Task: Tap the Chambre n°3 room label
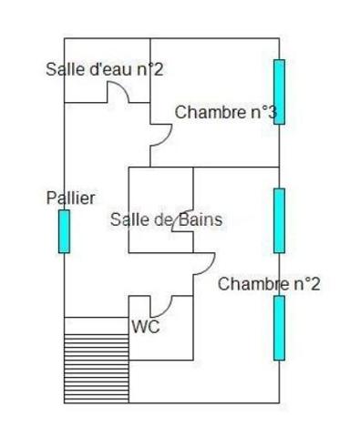tap(225, 113)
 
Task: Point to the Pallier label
tap(70, 198)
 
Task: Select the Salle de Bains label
tap(166, 219)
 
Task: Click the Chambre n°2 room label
tap(269, 284)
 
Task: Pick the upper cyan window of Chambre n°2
tap(279, 220)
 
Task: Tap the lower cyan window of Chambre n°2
tap(279, 327)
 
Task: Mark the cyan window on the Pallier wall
tap(64, 231)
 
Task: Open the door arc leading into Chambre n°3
tap(162, 134)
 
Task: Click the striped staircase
tap(97, 359)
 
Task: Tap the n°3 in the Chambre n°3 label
tap(262, 113)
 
